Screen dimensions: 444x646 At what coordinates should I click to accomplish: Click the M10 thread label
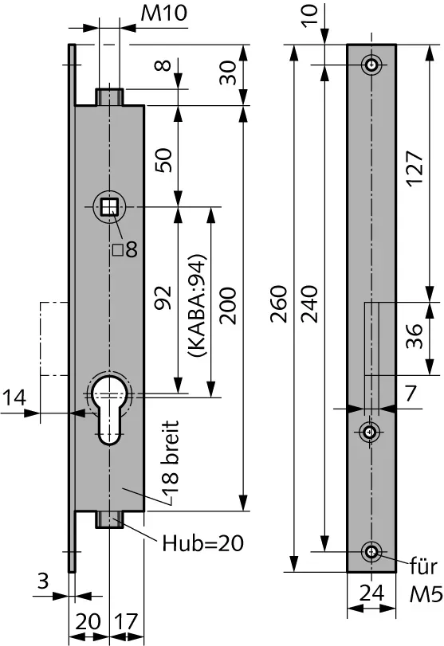click(163, 13)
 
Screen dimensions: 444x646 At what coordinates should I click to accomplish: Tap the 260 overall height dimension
click(279, 304)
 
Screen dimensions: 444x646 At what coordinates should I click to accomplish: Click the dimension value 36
click(414, 336)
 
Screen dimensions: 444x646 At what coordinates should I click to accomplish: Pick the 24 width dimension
click(371, 593)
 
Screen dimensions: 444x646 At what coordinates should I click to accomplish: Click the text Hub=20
click(202, 543)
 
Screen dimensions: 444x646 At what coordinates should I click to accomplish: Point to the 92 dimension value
click(163, 297)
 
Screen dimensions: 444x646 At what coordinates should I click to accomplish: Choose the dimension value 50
click(163, 160)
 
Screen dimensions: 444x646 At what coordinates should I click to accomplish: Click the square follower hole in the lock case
click(110, 206)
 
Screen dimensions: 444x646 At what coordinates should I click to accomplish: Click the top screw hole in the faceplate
click(371, 65)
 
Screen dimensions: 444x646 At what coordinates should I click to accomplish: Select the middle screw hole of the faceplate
click(370, 433)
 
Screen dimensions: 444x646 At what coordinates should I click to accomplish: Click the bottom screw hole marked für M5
click(371, 552)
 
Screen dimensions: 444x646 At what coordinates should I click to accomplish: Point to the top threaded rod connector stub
click(110, 96)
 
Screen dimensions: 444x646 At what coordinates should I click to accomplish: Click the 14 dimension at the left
click(14, 398)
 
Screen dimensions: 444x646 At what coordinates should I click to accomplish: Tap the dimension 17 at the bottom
click(126, 621)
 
